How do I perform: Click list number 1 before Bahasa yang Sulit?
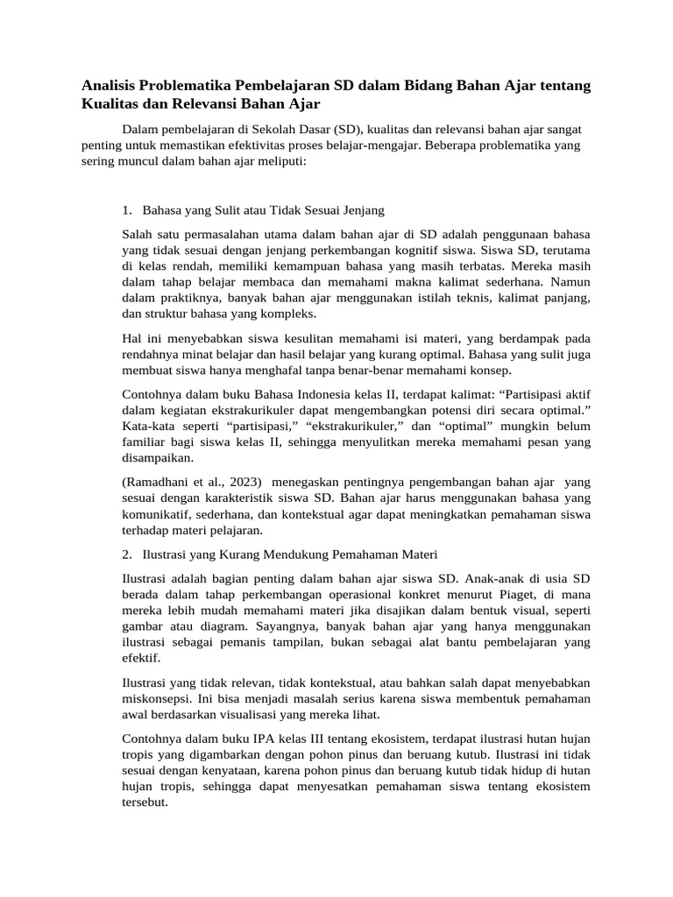point(127,211)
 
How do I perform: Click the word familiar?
point(147,441)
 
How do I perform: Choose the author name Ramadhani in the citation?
point(159,483)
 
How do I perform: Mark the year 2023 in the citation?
point(243,483)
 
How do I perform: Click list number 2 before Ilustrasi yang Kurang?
point(127,555)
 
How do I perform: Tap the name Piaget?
point(523,595)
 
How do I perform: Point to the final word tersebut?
point(145,802)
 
